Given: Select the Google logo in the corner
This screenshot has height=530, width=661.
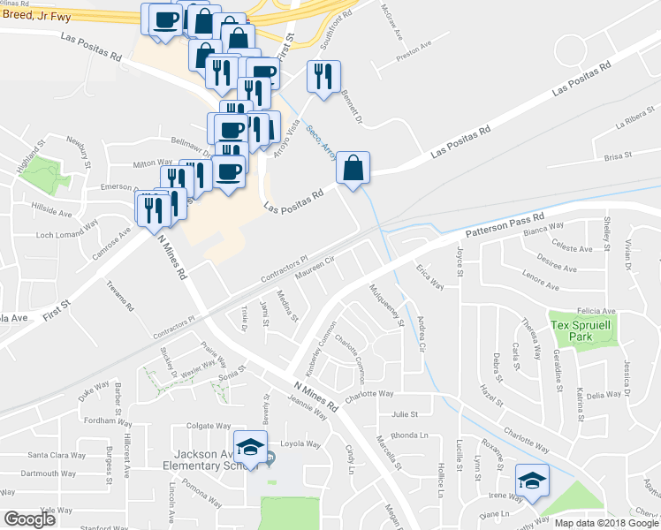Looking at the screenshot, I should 29,519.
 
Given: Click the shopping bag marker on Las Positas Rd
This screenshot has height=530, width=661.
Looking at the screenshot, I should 353,169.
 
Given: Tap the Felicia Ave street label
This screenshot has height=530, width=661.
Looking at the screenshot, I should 596,311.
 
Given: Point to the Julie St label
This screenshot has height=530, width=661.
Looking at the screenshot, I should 405,413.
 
